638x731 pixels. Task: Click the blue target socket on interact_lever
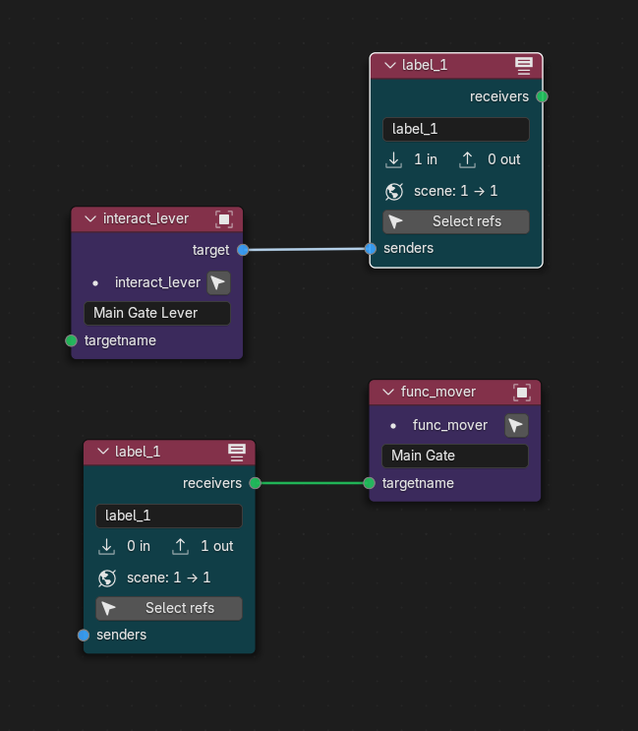tap(243, 250)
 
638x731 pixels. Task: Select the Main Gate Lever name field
tap(157, 313)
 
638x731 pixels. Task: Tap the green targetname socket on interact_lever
tap(71, 340)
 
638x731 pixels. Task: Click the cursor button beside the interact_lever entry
tap(218, 283)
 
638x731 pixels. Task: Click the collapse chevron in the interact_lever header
tap(90, 218)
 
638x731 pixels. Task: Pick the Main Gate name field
tap(455, 456)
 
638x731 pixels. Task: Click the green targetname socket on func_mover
tap(369, 483)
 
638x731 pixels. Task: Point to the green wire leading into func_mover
tap(312, 483)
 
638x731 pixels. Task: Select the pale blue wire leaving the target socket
tap(307, 250)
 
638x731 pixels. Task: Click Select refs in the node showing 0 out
tap(456, 221)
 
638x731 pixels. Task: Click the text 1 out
tap(216, 546)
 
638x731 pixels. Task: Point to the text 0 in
tap(139, 546)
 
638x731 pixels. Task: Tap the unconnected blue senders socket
tap(84, 635)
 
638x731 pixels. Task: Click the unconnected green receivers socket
tap(542, 96)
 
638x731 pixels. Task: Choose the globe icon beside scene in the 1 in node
tap(394, 191)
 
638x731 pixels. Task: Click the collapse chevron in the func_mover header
tap(388, 393)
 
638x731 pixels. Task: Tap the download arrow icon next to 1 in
tap(393, 160)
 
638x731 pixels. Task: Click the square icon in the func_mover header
tap(522, 393)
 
